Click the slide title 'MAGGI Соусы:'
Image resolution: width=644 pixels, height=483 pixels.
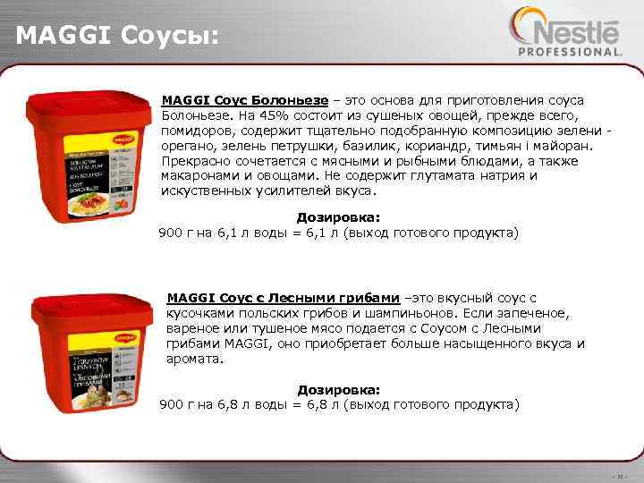pyautogui.click(x=117, y=37)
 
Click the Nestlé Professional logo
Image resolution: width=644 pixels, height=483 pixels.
pyautogui.click(x=563, y=33)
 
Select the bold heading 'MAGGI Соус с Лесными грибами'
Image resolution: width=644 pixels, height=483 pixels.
pyautogui.click(x=283, y=297)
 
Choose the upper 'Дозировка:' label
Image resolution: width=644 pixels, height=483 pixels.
pyautogui.click(x=338, y=217)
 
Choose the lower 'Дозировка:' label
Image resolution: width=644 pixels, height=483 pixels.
pyautogui.click(x=339, y=390)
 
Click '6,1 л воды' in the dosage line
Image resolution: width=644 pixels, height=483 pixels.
pyautogui.click(x=249, y=233)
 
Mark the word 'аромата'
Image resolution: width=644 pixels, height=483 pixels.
pyautogui.click(x=192, y=358)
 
